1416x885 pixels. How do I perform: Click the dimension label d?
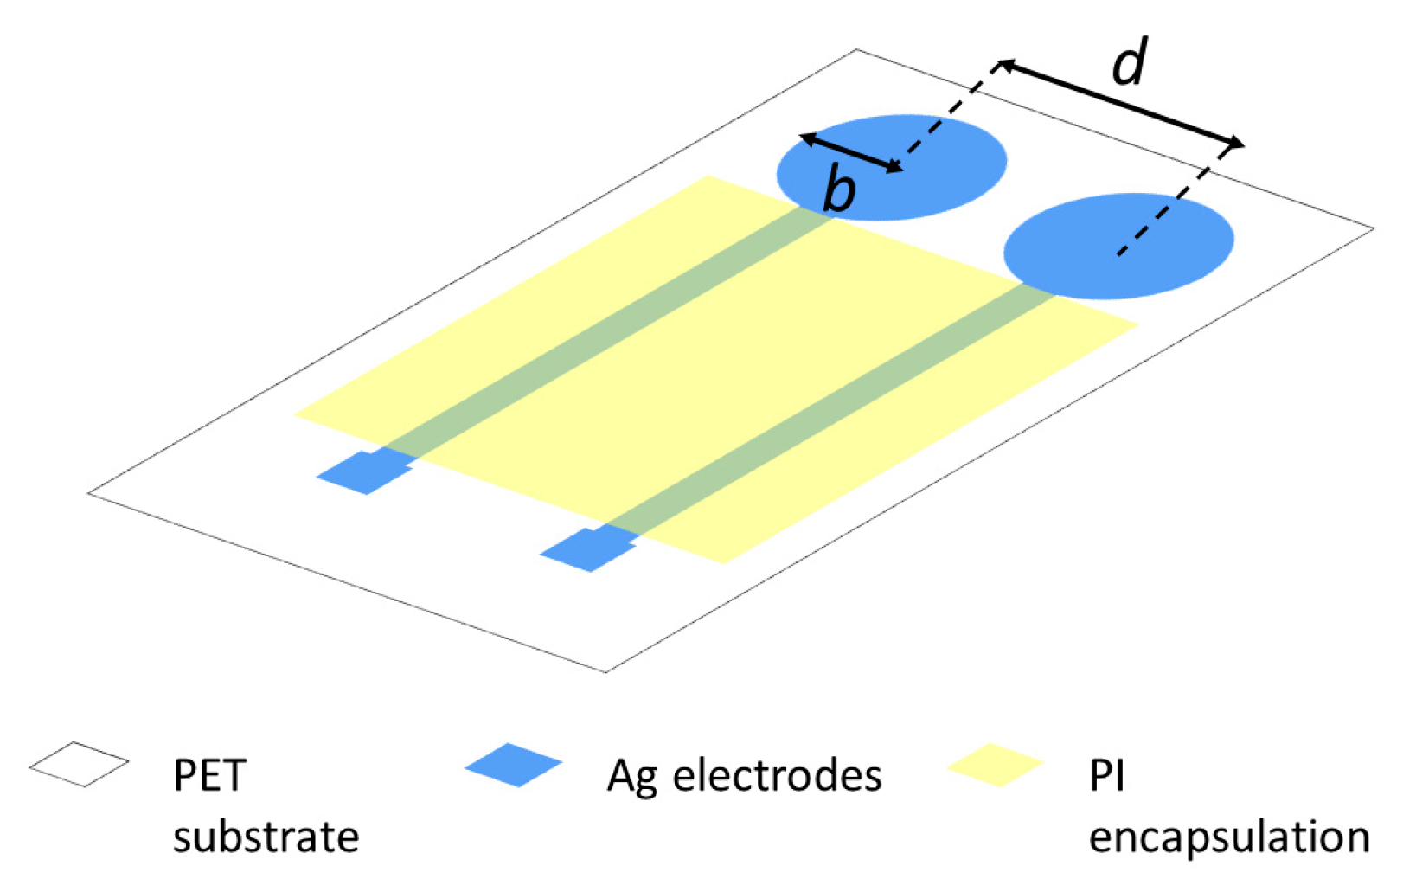point(1130,63)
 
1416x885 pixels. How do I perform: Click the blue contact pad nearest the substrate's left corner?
point(363,472)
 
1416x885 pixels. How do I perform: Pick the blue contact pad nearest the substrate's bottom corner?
point(588,549)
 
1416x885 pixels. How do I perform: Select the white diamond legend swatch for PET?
point(79,764)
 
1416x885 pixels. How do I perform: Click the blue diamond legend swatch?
point(513,764)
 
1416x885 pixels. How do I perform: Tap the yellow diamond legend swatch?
point(995,764)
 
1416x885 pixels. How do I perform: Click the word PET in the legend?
point(210,775)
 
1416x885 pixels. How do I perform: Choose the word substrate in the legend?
point(266,837)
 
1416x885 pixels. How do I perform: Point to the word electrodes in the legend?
point(777,775)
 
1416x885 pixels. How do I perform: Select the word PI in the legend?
point(1106,775)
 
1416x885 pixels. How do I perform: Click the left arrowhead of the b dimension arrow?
point(805,137)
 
